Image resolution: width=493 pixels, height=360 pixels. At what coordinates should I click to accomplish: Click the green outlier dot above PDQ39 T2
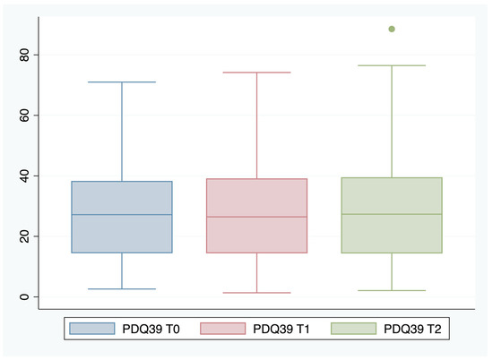click(x=392, y=30)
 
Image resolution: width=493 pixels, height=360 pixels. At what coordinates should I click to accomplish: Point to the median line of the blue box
click(x=122, y=215)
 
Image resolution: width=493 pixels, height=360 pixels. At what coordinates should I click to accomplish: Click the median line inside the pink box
click(x=256, y=217)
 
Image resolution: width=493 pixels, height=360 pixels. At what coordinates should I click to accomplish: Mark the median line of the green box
click(x=392, y=214)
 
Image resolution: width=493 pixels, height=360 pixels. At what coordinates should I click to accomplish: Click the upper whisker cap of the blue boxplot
click(x=122, y=82)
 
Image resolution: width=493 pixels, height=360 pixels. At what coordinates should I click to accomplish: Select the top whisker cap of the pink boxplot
click(x=256, y=73)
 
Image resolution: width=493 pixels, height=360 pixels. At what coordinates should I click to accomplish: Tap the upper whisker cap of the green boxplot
click(x=392, y=65)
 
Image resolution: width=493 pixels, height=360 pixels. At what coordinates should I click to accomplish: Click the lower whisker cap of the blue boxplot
click(x=122, y=289)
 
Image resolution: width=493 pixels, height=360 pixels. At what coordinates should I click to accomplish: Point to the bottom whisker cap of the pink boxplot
click(x=256, y=293)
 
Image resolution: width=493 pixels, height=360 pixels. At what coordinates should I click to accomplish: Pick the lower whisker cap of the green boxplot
click(x=392, y=290)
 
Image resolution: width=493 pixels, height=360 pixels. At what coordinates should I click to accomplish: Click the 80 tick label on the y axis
click(x=26, y=55)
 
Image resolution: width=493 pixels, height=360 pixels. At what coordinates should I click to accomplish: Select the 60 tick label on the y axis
click(x=26, y=116)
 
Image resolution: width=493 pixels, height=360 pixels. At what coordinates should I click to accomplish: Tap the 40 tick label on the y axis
click(x=26, y=176)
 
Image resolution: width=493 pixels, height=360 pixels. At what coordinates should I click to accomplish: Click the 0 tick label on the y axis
click(x=26, y=296)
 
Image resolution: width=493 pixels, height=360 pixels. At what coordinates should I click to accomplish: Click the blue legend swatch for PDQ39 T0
click(x=92, y=330)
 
